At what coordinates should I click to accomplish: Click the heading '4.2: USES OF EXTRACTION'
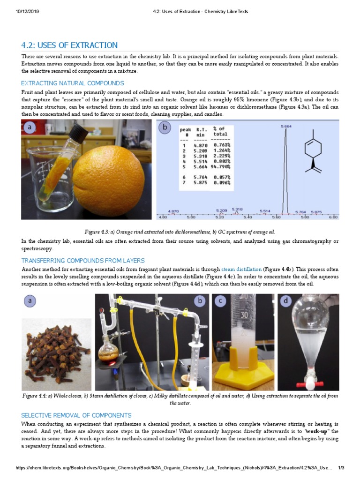(x=69, y=45)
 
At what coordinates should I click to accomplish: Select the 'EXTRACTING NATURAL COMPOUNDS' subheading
(x=73, y=83)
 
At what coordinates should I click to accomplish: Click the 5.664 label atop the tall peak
(x=286, y=126)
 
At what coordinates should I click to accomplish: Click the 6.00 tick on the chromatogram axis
(x=333, y=217)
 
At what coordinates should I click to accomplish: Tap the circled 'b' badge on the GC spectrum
(x=165, y=127)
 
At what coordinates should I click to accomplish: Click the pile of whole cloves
(x=56, y=352)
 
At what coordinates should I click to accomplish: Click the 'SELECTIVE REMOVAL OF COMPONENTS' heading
(x=76, y=415)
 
